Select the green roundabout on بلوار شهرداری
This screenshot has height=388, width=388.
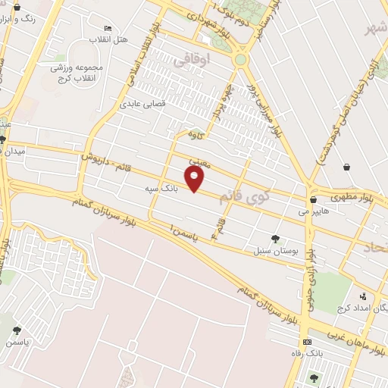pos(241,59)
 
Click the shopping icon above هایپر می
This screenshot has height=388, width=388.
pos(312,200)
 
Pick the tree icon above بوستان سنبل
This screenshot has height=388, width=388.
pos(274,239)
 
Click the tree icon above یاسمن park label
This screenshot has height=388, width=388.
pos(17,330)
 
